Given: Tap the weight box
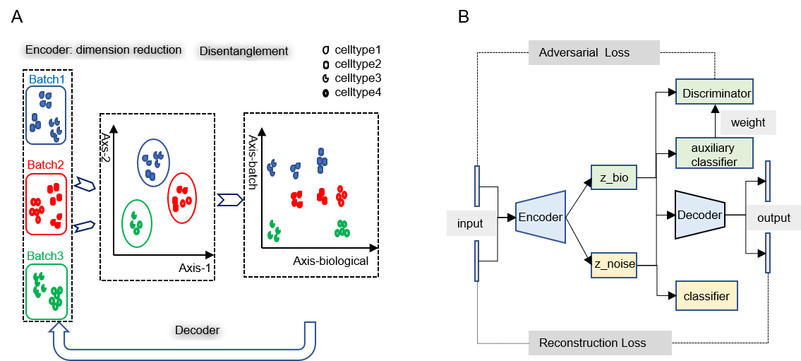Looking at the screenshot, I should (x=748, y=122).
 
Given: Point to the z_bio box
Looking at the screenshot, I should (x=614, y=178).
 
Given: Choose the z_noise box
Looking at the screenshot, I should (x=614, y=265).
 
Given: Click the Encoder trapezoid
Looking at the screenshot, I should (x=541, y=217).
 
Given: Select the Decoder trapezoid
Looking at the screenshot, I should (x=699, y=215).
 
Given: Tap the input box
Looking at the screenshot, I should (x=470, y=224).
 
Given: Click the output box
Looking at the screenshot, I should (x=773, y=218).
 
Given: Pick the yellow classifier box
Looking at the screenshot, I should (x=706, y=296).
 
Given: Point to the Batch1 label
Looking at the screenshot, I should (x=47, y=79).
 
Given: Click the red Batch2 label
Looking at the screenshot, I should (x=46, y=165).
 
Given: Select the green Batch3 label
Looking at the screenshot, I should (x=46, y=256).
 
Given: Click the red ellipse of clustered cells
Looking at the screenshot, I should (x=182, y=198).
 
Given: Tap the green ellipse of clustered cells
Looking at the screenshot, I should (x=136, y=223).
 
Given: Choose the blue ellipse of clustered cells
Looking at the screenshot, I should (x=153, y=162).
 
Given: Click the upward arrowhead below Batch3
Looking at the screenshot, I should (x=60, y=329).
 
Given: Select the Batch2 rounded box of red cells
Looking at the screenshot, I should (x=46, y=204).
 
